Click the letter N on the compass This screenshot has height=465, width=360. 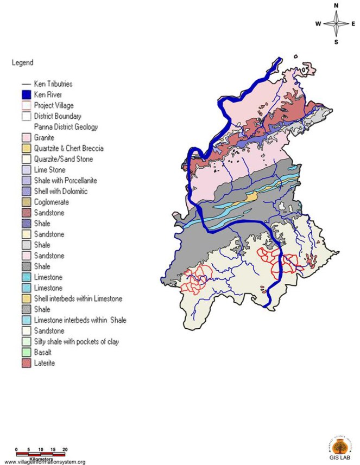coord(336,6)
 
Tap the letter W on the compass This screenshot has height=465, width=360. coord(318,24)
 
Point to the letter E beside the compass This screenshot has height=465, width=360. coord(353,24)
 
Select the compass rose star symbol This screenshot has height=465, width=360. coord(336,24)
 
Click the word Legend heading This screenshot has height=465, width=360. coord(22,62)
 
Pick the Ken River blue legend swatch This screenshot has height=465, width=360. coord(26,94)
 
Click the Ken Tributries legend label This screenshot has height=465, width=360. coord(53,84)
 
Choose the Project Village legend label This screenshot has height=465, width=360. coord(53,105)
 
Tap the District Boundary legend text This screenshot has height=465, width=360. coord(57,116)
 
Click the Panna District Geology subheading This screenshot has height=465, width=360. coord(65,127)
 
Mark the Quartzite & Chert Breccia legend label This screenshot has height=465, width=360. coord(68,148)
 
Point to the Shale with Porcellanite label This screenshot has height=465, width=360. coord(65,180)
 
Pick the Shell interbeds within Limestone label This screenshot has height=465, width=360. coord(77,298)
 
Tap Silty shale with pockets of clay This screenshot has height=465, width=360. coord(75,341)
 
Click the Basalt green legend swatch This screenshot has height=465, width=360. coord(26,352)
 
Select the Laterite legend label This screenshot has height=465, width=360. coord(44,363)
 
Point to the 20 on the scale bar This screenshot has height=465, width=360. coord(65,450)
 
